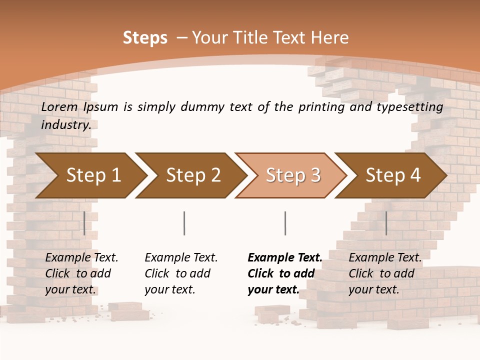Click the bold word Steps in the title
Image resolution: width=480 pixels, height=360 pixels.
(145, 38)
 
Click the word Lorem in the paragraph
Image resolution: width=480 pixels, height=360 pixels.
(59, 107)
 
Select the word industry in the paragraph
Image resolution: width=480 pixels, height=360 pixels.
(65, 125)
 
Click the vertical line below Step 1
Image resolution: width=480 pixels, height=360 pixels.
(84, 223)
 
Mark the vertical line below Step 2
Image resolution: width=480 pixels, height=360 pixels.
(184, 223)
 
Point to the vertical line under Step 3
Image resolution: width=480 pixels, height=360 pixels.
(285, 223)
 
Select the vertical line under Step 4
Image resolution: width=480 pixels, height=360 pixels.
(386, 223)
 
